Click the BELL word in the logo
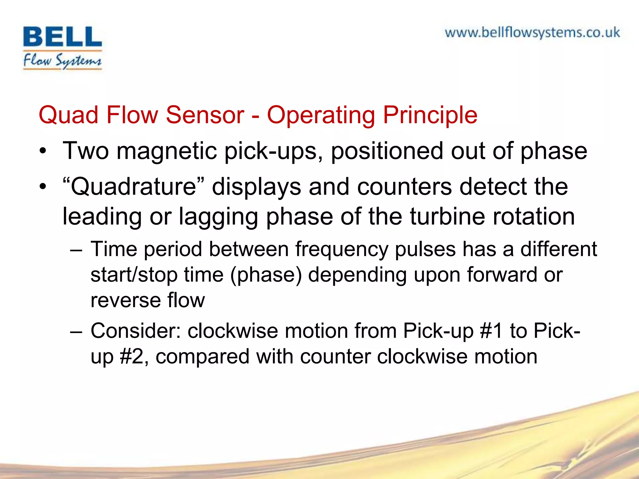62,37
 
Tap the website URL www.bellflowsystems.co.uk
532,33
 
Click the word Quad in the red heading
68,115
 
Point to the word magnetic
167,151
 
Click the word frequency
342,249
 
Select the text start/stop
134,275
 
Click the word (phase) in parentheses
266,275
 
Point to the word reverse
125,300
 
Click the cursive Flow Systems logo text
62,60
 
